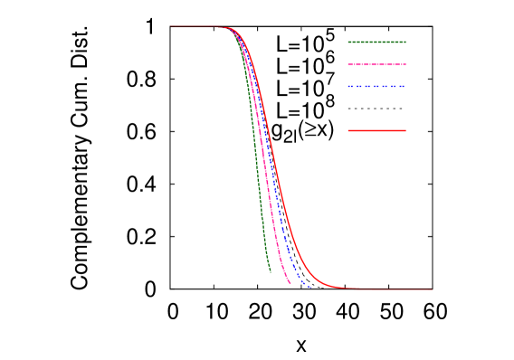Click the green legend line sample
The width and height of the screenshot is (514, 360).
tap(376, 42)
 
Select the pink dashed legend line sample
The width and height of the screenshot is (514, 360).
tap(376, 64)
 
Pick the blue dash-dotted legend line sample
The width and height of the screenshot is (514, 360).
tap(376, 87)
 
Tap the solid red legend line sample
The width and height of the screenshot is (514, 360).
tap(376, 130)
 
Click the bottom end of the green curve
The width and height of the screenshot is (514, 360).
tap(270, 271)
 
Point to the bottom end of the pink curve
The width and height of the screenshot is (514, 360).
tap(290, 284)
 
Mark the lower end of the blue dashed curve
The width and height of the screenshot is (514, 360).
tap(309, 287)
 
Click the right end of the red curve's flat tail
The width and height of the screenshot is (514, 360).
tap(432, 289)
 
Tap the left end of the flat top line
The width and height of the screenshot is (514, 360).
tap(171, 26)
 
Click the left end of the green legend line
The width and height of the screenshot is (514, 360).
tap(348, 42)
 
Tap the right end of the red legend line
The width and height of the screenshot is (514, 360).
tap(405, 130)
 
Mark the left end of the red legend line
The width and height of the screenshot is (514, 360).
tap(348, 130)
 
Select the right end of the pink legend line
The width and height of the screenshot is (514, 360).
tap(405, 64)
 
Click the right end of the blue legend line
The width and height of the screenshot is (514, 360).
tap(405, 87)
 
